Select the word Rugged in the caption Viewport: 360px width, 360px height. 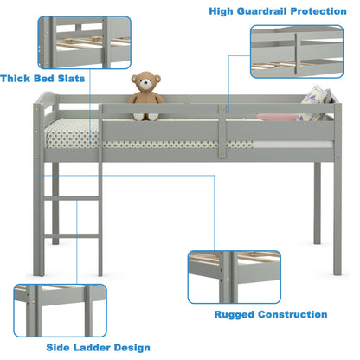pyautogui.click(x=234, y=315)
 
